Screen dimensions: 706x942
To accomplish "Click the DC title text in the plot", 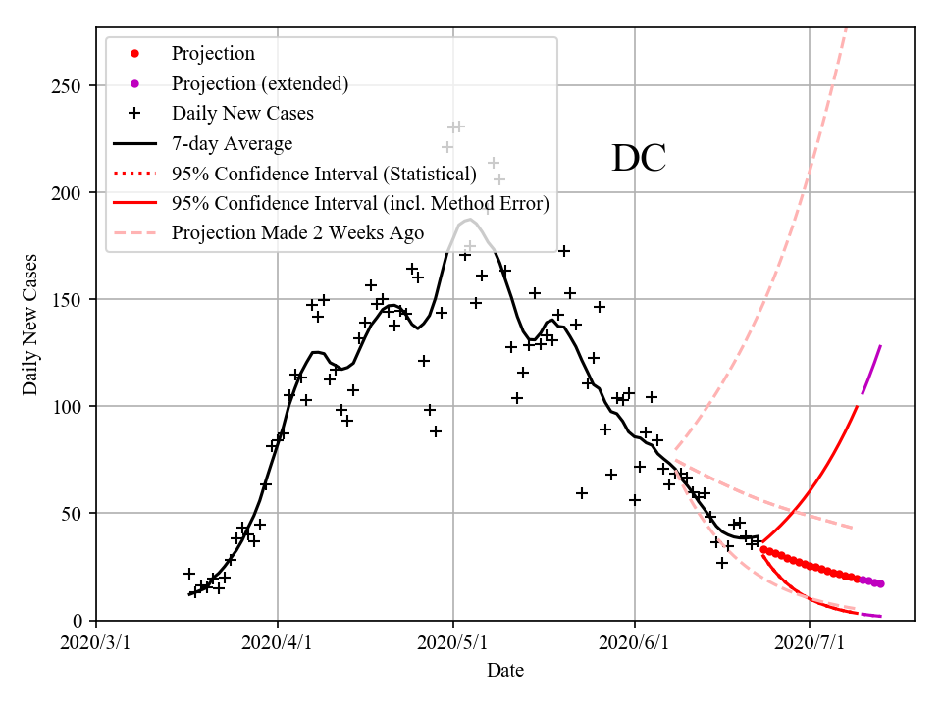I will point(639,159).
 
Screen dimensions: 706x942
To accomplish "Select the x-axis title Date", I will point(505,671).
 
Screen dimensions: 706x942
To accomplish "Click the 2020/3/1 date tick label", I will point(96,644).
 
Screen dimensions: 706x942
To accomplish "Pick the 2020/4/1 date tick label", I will point(278,644).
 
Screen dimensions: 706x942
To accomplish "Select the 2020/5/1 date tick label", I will point(453,644).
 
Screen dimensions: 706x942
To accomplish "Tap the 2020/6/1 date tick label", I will point(635,644).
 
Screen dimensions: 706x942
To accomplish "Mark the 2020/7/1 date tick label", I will point(810,644).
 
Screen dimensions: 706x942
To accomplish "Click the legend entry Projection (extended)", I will point(259,83).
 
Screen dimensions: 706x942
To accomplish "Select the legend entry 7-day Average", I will point(232,144).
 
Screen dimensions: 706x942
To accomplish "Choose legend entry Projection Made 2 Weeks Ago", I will point(297,233).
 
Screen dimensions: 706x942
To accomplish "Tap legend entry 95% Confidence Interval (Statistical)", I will point(324,175).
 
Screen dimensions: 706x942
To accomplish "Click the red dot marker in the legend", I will point(134,54).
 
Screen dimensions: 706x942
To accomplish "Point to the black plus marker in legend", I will point(134,114).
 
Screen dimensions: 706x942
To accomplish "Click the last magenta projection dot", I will point(881,584).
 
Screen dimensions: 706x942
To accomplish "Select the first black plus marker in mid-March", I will point(189,574).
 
